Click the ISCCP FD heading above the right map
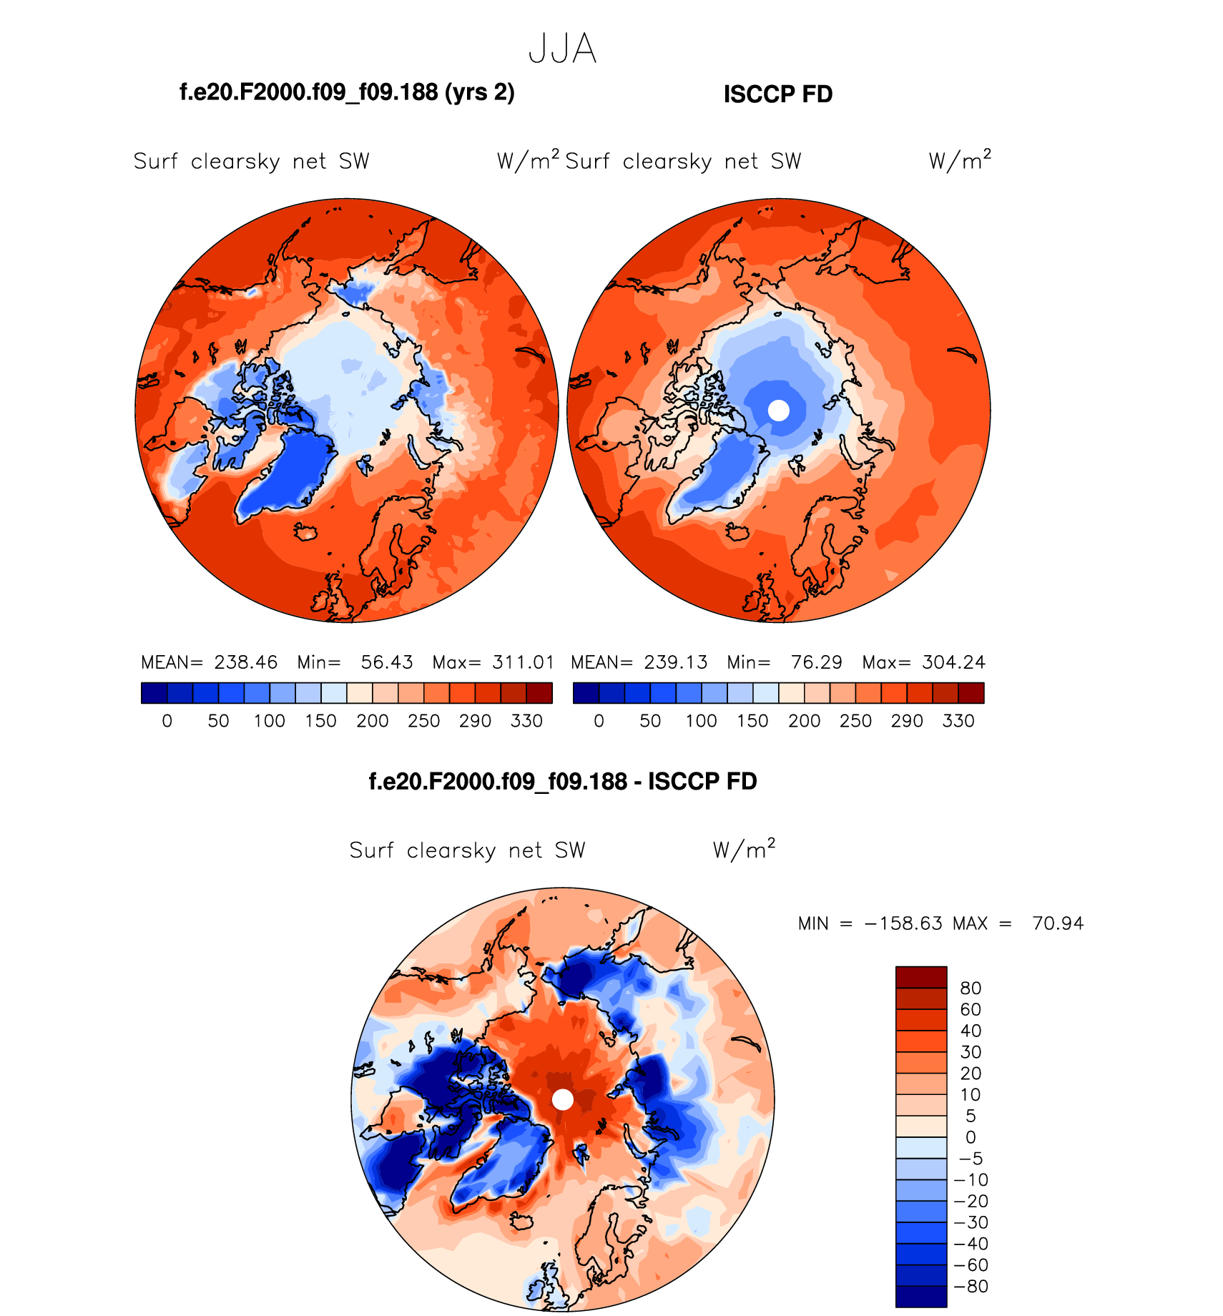click(778, 94)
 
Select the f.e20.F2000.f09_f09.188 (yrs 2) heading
click(347, 92)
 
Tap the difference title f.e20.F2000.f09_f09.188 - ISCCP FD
click(562, 781)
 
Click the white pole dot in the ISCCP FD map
click(778, 411)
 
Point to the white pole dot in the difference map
click(563, 1099)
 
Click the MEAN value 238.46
click(245, 662)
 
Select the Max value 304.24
click(953, 662)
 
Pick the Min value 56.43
click(386, 662)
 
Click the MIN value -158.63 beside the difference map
click(903, 923)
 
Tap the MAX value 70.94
click(1058, 923)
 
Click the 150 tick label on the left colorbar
click(320, 721)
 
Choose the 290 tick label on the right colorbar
click(907, 721)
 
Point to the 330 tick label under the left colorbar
click(526, 721)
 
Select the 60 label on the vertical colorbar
click(971, 1009)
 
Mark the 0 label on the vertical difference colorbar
click(971, 1137)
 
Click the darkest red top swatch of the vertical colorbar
click(921, 977)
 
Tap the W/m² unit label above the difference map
click(744, 849)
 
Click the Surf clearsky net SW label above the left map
click(252, 162)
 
